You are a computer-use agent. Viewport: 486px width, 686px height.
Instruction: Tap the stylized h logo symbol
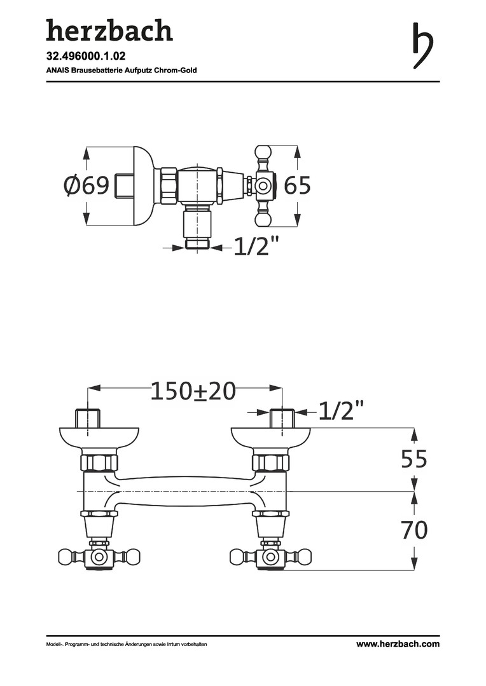(422, 46)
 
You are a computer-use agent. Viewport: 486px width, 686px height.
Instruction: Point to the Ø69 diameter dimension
(86, 185)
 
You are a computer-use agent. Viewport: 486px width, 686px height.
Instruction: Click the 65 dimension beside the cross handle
(298, 185)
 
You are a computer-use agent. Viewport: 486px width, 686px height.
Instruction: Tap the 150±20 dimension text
(193, 391)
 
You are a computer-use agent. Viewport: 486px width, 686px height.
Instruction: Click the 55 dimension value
(414, 459)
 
